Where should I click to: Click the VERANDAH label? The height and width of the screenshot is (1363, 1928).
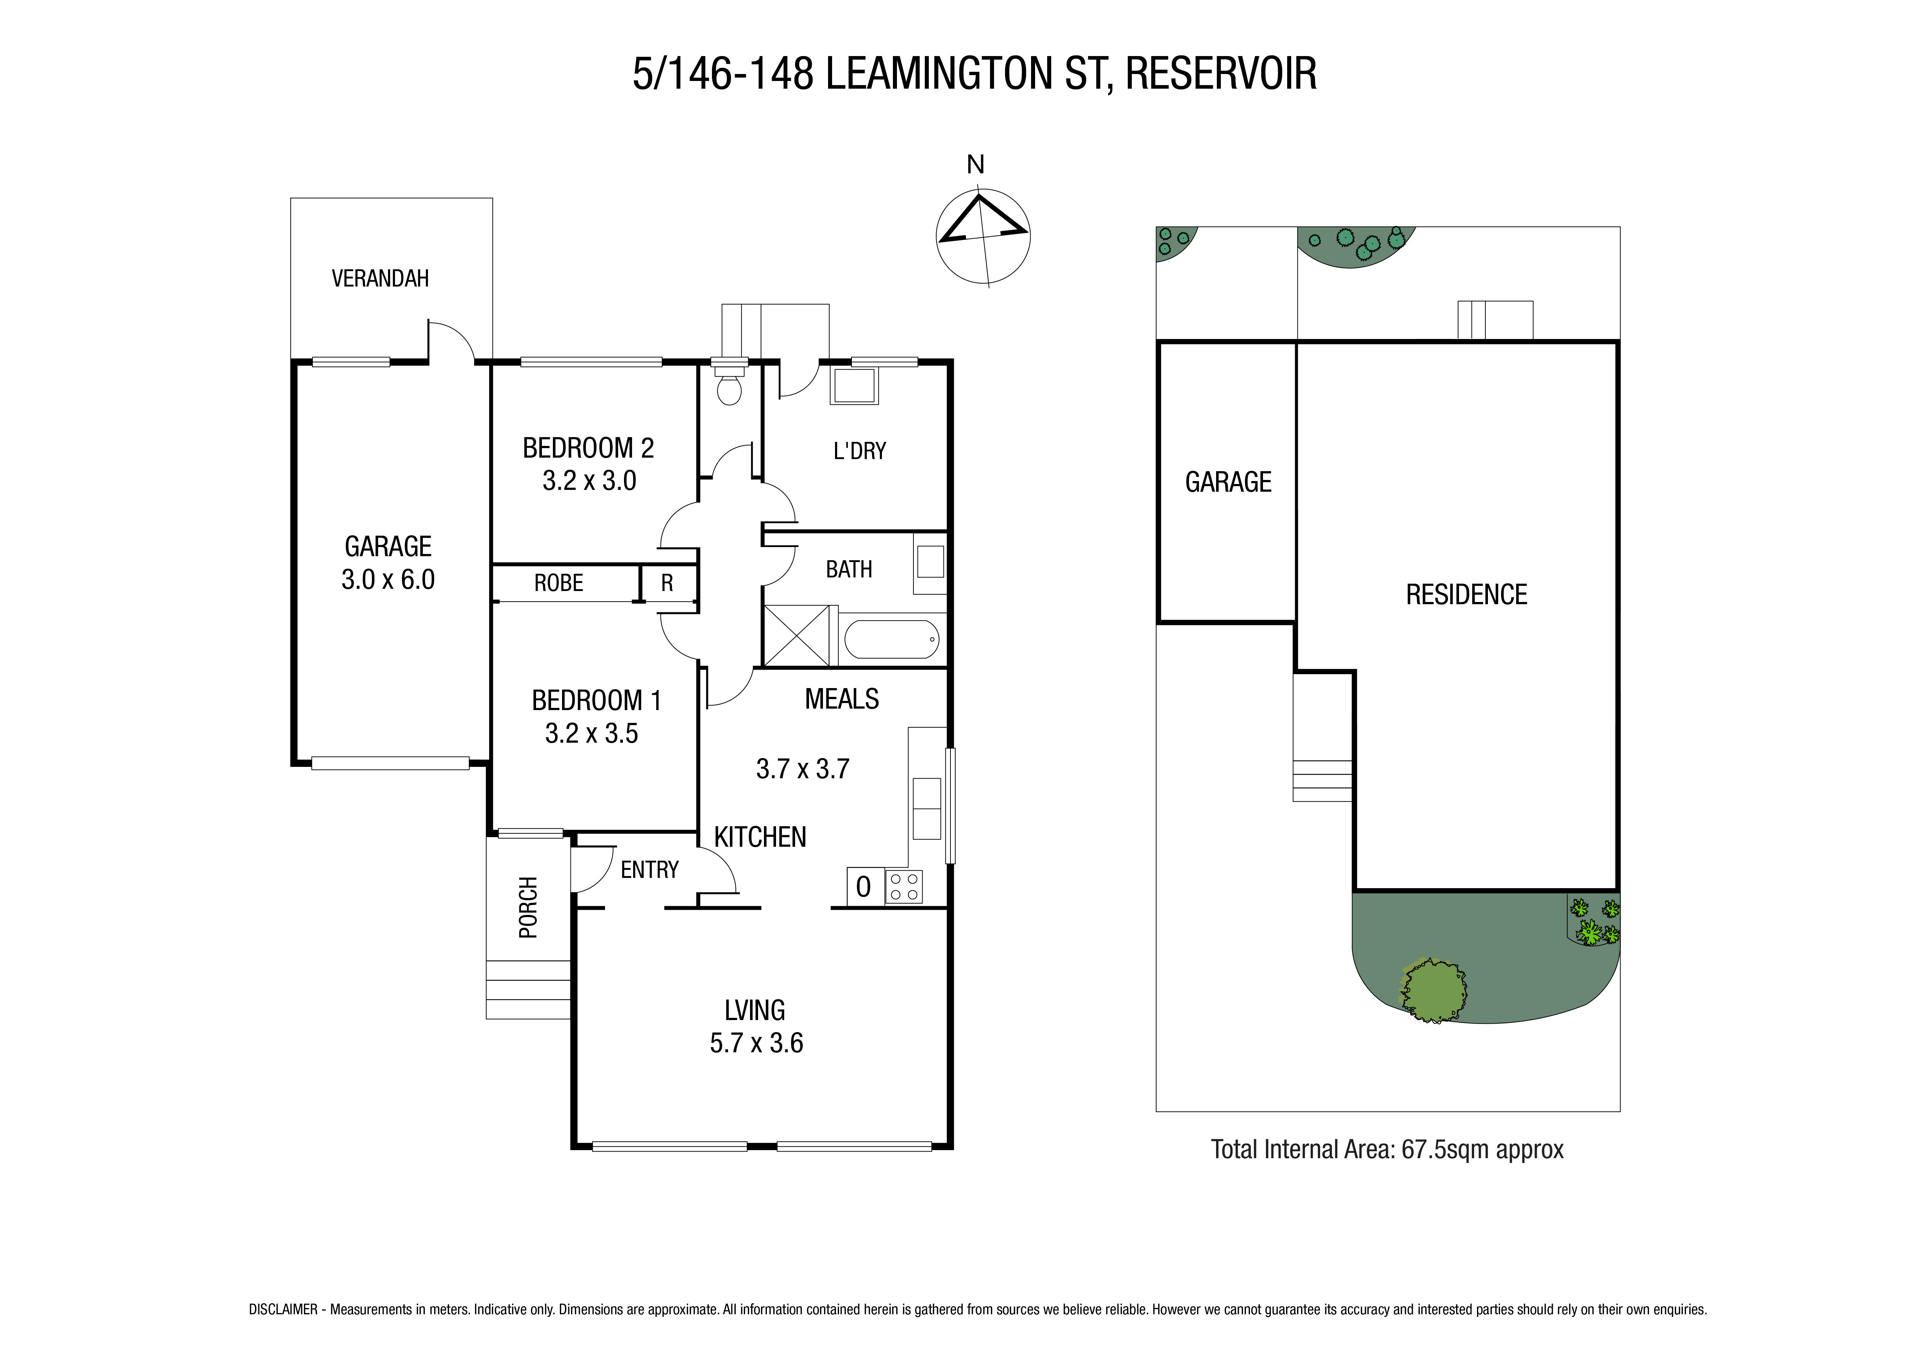[x=380, y=278]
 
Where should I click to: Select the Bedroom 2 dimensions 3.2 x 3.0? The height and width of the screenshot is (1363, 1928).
[x=590, y=481]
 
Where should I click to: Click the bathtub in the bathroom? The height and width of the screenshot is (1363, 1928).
[x=891, y=640]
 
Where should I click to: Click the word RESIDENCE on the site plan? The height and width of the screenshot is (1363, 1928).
[x=1466, y=595]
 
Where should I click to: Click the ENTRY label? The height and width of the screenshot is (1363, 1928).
[x=649, y=870]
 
